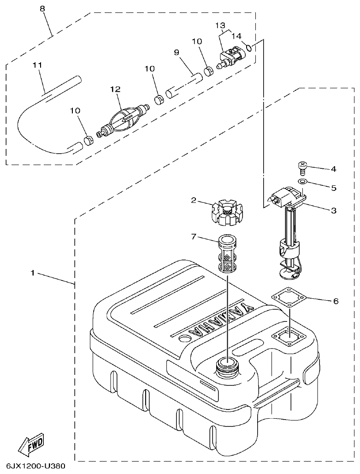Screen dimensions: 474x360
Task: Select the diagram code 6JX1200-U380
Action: click(35, 466)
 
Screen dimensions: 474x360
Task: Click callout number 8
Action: click(42, 9)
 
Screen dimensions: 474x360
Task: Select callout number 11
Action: click(37, 65)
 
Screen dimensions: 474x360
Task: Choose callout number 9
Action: click(177, 53)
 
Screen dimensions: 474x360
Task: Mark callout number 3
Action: click(333, 211)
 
